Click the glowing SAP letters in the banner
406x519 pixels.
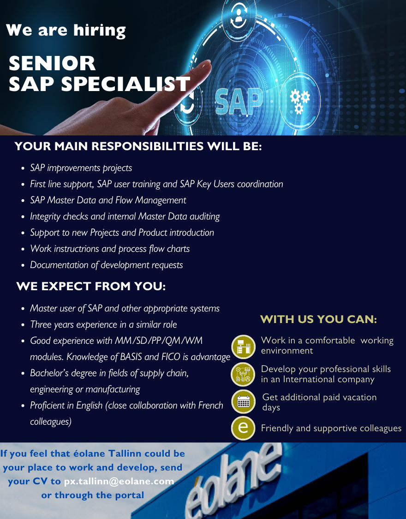tap(239, 101)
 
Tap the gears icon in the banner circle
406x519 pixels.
tap(299, 101)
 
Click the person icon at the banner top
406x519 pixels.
tap(239, 16)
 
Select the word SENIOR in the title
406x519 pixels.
tap(52, 63)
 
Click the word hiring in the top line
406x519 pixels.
tap(100, 31)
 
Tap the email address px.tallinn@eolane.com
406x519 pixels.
tap(119, 481)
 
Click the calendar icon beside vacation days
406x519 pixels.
tap(243, 402)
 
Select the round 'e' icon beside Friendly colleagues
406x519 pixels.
tap(243, 428)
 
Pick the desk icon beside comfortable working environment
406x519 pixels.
tap(244, 347)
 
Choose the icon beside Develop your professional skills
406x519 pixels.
tap(243, 375)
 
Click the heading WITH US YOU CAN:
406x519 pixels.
tap(318, 319)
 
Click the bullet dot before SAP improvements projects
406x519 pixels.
tap(23, 168)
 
